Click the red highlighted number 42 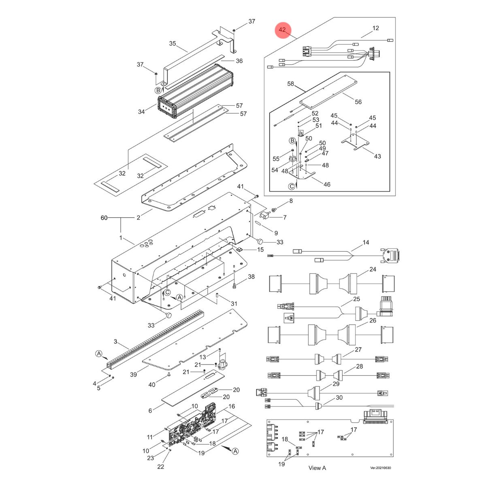(283, 30)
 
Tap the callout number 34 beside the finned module (141, 111)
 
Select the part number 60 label (104, 218)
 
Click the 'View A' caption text (317, 468)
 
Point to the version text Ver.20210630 (381, 468)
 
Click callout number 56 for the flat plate (358, 102)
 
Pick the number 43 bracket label (377, 156)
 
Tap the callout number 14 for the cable (366, 243)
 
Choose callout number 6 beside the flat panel (150, 411)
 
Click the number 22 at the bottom (161, 467)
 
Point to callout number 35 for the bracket (173, 43)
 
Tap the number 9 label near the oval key (276, 233)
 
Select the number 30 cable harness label (339, 398)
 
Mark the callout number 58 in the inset (290, 84)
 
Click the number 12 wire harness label (375, 28)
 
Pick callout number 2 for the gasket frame (138, 218)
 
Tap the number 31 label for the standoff (234, 304)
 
